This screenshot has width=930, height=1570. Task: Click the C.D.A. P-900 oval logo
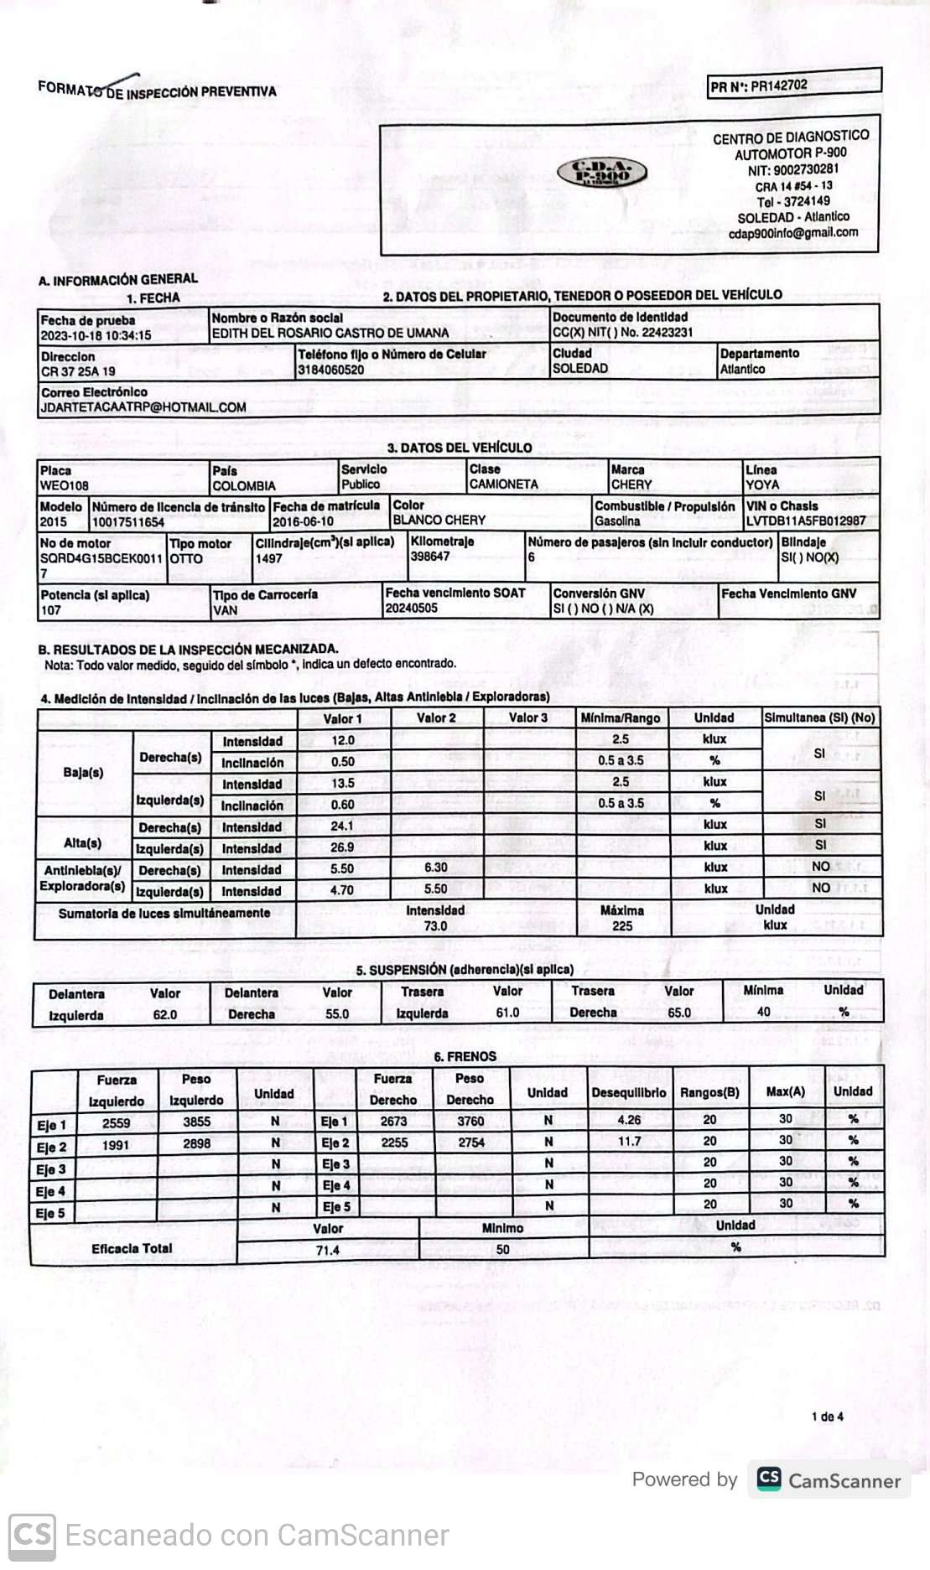[x=602, y=173]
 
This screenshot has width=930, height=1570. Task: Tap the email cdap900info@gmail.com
[x=792, y=233]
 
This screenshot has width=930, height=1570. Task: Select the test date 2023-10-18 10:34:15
[x=96, y=335]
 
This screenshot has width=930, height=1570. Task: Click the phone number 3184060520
[x=331, y=370]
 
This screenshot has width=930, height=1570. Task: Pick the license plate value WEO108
[x=65, y=485]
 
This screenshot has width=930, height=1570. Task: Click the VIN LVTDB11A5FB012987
[x=806, y=521]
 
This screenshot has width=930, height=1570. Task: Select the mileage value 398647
[x=430, y=556]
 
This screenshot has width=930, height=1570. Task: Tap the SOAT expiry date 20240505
[x=411, y=608]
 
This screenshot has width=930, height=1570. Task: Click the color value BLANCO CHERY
[x=439, y=520]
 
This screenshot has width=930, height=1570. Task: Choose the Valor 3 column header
[x=528, y=718]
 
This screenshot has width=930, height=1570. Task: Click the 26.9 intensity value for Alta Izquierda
[x=342, y=847]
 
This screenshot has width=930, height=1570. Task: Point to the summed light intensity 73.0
[x=435, y=925]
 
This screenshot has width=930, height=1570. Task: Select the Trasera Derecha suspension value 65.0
[x=679, y=1013]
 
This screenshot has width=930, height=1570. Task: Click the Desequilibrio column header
[x=629, y=1092]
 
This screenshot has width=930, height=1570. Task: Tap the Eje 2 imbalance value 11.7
[x=629, y=1141]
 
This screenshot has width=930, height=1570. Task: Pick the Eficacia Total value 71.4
[x=327, y=1250]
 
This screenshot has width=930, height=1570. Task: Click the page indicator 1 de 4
[x=827, y=1417]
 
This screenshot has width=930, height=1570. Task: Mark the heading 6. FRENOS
[x=465, y=1056]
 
